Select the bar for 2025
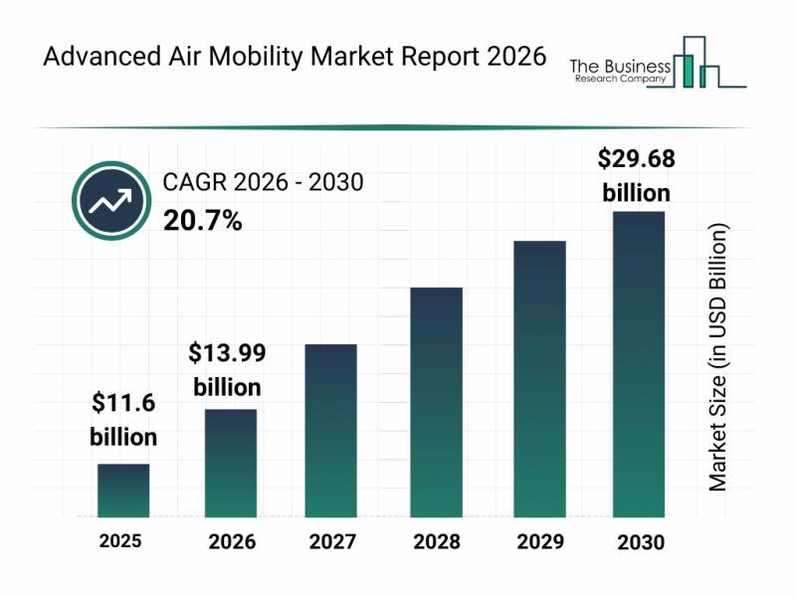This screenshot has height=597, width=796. [x=123, y=491]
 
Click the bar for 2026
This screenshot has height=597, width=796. [x=231, y=463]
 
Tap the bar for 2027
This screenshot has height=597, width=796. [x=330, y=430]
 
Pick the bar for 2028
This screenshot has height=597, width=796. [x=436, y=402]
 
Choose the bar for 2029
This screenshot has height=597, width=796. [x=539, y=378]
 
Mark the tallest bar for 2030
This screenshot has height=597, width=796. [x=638, y=364]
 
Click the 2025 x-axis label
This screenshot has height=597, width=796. [x=120, y=541]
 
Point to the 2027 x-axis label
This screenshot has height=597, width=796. [x=330, y=542]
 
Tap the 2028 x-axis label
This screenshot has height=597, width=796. [x=436, y=542]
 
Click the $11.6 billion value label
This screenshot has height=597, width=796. [x=123, y=419]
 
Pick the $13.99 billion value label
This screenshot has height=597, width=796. [x=228, y=369]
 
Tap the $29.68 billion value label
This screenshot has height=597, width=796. [x=637, y=175]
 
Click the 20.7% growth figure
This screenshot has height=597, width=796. [x=202, y=221]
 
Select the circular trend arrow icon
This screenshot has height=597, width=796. [x=109, y=200]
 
